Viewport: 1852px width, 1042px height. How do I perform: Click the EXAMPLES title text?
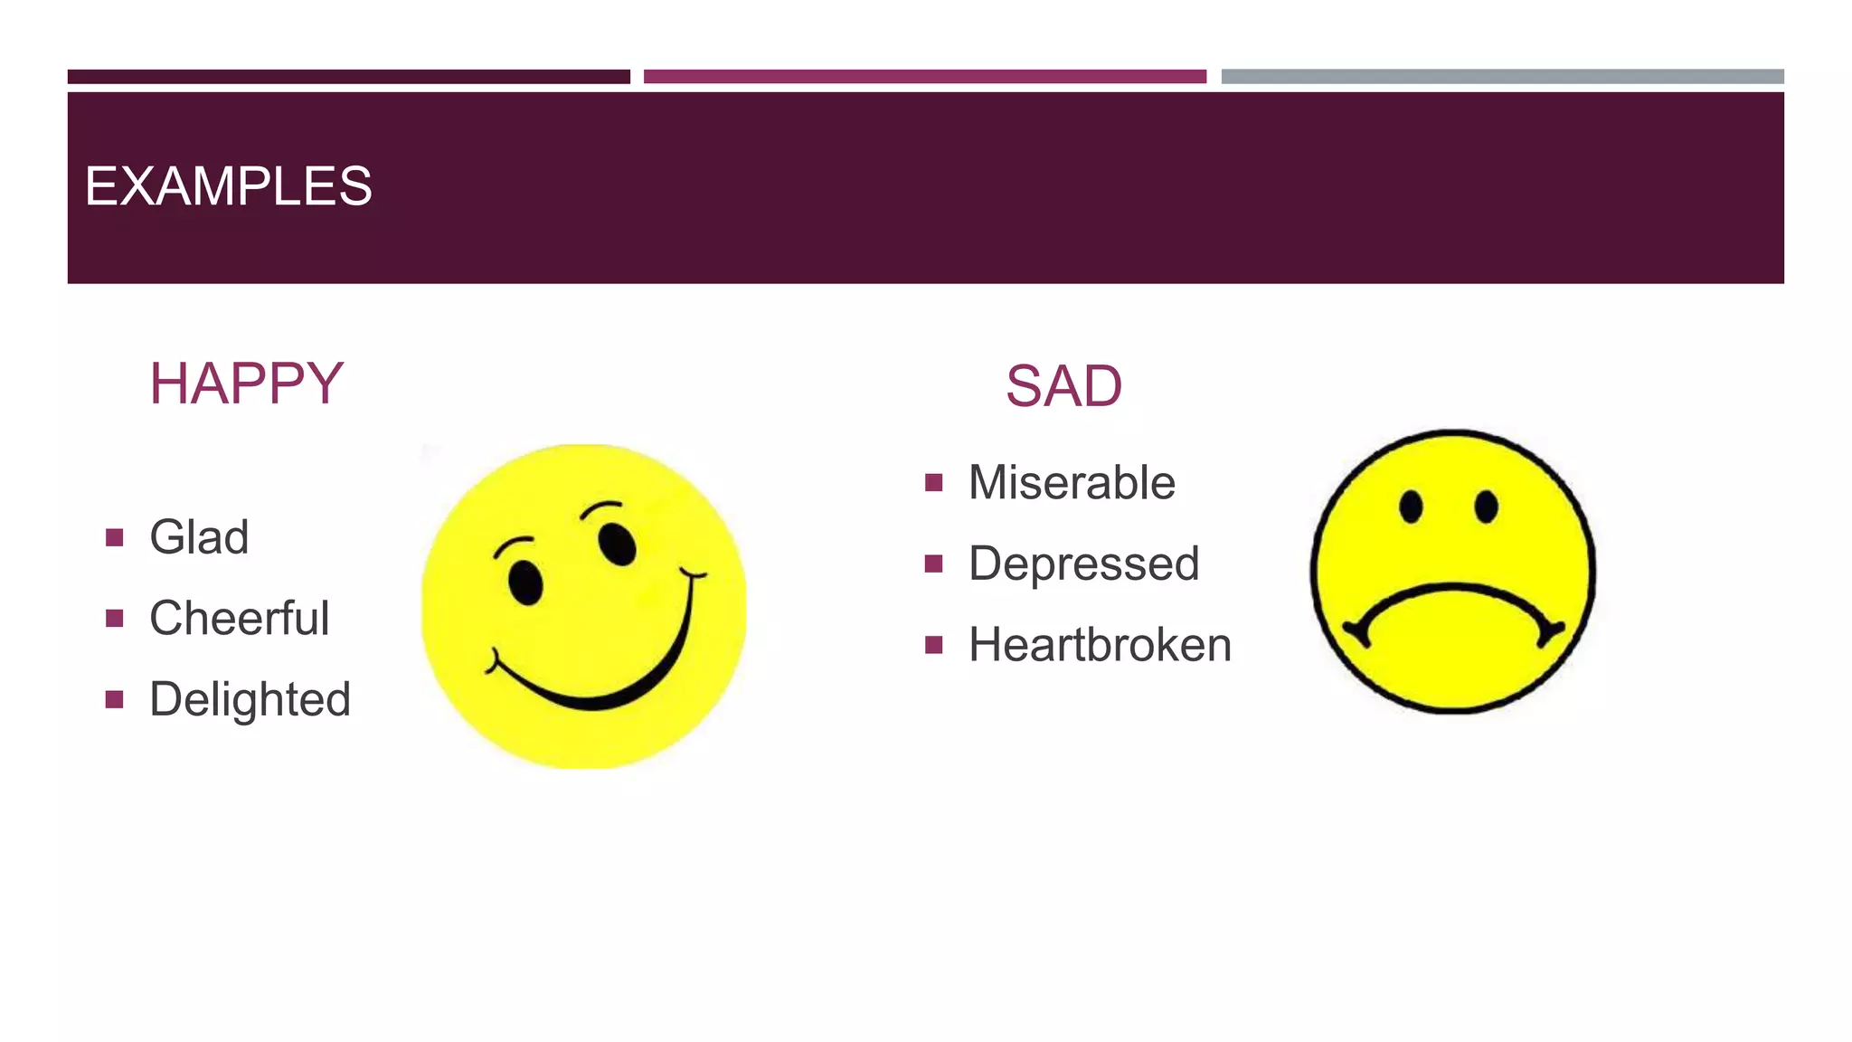click(x=228, y=186)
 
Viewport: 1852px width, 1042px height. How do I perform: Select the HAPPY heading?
click(x=246, y=384)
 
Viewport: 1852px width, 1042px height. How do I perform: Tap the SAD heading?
click(x=1063, y=386)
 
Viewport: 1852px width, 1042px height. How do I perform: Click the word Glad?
click(x=199, y=537)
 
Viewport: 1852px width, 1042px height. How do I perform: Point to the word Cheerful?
click(x=239, y=619)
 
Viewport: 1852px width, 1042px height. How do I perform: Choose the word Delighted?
click(x=250, y=700)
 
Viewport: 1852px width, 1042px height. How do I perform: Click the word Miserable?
click(x=1072, y=482)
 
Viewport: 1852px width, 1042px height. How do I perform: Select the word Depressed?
click(x=1083, y=564)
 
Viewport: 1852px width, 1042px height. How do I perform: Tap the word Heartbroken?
click(x=1100, y=645)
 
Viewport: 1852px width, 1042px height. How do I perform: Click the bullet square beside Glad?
click(x=114, y=538)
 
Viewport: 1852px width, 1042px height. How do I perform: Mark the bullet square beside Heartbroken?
click(x=934, y=645)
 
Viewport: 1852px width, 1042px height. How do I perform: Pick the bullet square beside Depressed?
click(x=934, y=564)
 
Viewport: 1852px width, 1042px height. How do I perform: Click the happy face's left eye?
click(x=525, y=582)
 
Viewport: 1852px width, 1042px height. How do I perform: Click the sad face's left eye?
click(x=1411, y=507)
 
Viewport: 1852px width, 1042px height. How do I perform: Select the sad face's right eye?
click(x=1486, y=507)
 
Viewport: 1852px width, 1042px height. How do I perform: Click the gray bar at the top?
click(x=1502, y=77)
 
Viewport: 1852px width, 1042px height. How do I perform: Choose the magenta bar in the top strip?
click(x=924, y=77)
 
